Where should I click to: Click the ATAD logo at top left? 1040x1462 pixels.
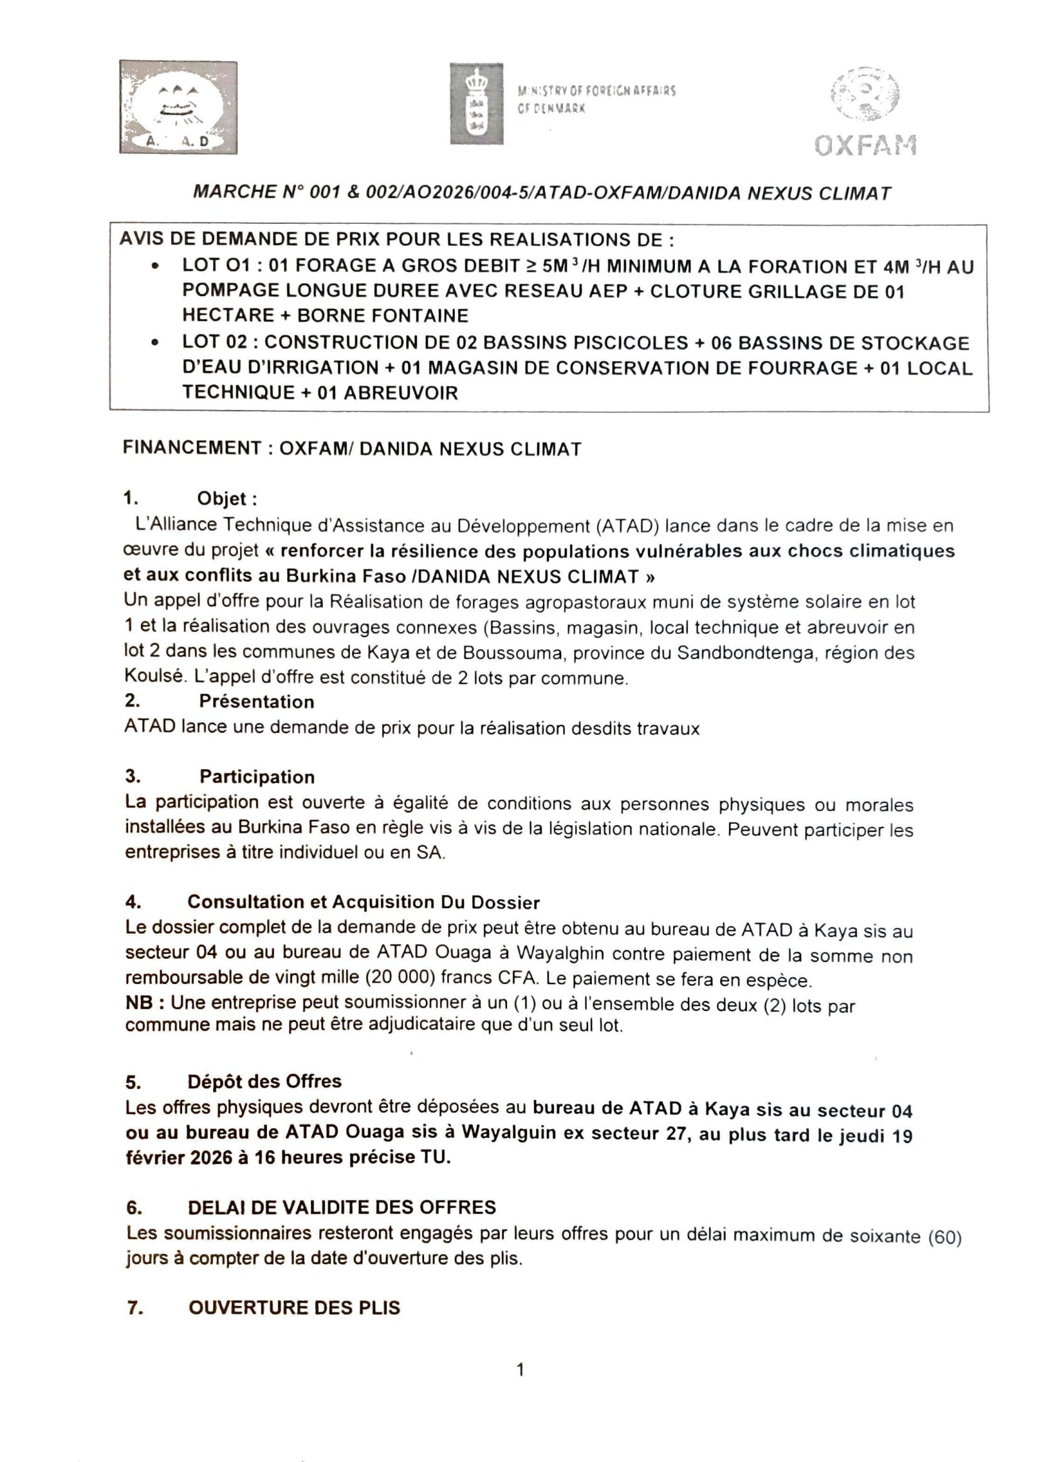tap(177, 107)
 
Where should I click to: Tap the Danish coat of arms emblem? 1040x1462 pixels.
tap(476, 104)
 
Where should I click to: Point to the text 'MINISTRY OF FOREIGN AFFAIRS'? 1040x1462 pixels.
tap(596, 91)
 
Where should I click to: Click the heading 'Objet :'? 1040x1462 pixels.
tap(227, 499)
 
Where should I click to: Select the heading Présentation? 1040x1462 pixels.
tap(256, 702)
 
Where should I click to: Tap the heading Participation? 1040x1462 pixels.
tap(257, 777)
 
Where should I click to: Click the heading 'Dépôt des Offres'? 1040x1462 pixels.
tap(264, 1082)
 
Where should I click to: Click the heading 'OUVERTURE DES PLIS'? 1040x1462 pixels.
tap(294, 1307)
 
